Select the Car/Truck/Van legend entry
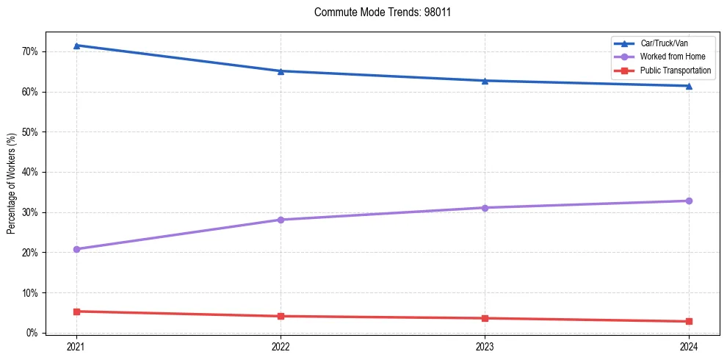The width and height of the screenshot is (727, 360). click(x=664, y=43)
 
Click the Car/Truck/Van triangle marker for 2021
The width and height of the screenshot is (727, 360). click(x=76, y=46)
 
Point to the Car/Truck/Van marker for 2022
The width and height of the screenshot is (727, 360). click(x=281, y=71)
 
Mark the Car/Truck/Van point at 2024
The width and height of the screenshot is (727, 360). click(x=689, y=86)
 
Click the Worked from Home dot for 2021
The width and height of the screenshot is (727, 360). click(x=76, y=249)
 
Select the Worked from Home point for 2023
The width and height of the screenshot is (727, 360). click(x=485, y=208)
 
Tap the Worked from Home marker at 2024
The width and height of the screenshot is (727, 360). click(x=689, y=201)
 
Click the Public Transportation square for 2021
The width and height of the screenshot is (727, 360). click(x=76, y=312)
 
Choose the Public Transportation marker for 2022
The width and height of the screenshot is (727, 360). click(x=281, y=316)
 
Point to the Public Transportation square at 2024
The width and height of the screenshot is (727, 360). click(x=689, y=321)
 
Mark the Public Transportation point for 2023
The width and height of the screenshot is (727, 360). click(x=485, y=318)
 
